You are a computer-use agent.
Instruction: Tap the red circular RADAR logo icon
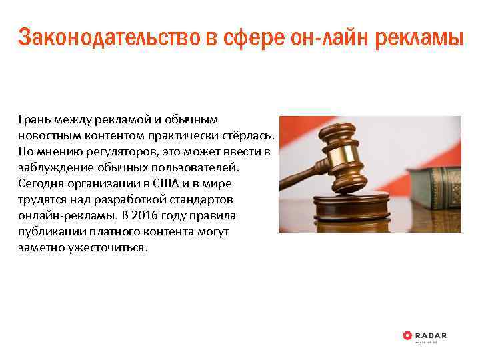(408, 335)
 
